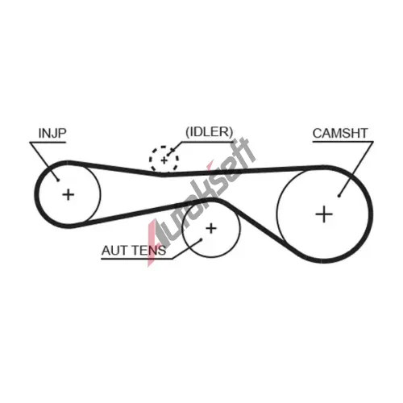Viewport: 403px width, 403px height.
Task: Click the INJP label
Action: pos(52,133)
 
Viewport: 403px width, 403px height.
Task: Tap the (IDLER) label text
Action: pos(210,131)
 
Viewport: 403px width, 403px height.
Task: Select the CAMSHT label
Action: pos(340,133)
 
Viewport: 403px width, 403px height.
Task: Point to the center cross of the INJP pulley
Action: pos(69,194)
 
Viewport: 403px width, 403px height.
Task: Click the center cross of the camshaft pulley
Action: pos(324,214)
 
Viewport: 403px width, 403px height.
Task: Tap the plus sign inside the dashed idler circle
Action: pos(164,160)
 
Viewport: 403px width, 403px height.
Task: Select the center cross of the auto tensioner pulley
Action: pos(211,228)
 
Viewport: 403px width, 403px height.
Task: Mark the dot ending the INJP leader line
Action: pos(58,180)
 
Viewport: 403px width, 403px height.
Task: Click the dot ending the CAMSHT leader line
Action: pos(339,196)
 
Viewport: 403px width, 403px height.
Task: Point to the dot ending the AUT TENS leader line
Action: pos(201,239)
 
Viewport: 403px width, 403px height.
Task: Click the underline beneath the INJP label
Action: pos(48,142)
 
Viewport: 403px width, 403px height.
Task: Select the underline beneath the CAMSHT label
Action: pos(343,142)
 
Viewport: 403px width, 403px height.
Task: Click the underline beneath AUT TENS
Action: pos(137,259)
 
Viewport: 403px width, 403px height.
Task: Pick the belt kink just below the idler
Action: pos(162,174)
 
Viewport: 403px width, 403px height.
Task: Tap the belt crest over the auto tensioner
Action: pos(211,200)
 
